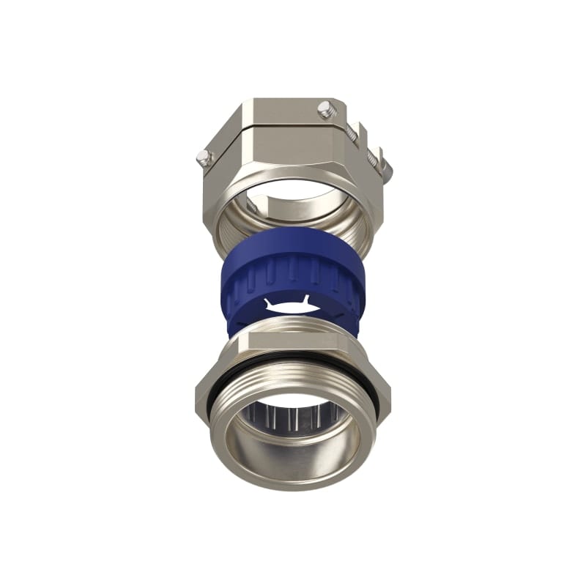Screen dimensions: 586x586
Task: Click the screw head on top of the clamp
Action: [x=325, y=111]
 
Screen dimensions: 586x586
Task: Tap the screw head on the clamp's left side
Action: [x=205, y=157]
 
